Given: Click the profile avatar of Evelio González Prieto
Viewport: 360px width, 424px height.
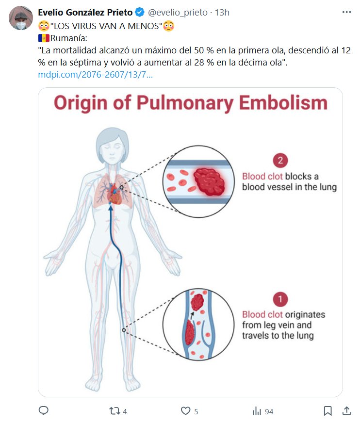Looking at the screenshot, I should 21,18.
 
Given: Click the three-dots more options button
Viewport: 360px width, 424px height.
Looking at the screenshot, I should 346,12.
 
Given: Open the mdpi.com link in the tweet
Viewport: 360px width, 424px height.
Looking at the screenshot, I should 96,75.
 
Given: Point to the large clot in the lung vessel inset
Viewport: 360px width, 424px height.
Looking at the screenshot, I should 210,183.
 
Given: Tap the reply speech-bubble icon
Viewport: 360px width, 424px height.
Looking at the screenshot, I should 44,411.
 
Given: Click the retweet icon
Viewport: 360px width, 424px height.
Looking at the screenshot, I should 115,411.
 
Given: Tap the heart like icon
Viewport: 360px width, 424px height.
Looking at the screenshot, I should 185,411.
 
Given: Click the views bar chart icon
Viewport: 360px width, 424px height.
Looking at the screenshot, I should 257,411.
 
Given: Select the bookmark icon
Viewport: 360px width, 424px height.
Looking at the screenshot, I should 328,411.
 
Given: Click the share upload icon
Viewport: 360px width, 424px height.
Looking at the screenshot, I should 346,411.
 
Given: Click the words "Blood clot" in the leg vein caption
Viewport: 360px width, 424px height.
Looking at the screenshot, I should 262,314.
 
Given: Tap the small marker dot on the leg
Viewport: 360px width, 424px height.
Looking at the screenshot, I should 124,330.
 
